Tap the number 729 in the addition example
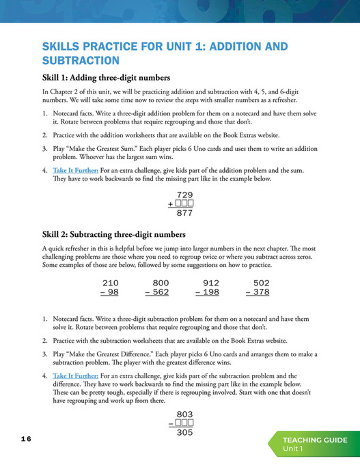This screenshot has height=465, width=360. pyautogui.click(x=184, y=195)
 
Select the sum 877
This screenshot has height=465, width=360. pyautogui.click(x=184, y=213)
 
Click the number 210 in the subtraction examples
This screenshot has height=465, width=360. pyautogui.click(x=110, y=283)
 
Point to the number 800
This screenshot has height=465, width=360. pyautogui.click(x=161, y=283)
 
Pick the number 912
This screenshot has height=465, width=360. pyautogui.click(x=211, y=283)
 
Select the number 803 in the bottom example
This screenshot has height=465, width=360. pyautogui.click(x=184, y=414)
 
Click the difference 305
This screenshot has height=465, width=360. pyautogui.click(x=184, y=432)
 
